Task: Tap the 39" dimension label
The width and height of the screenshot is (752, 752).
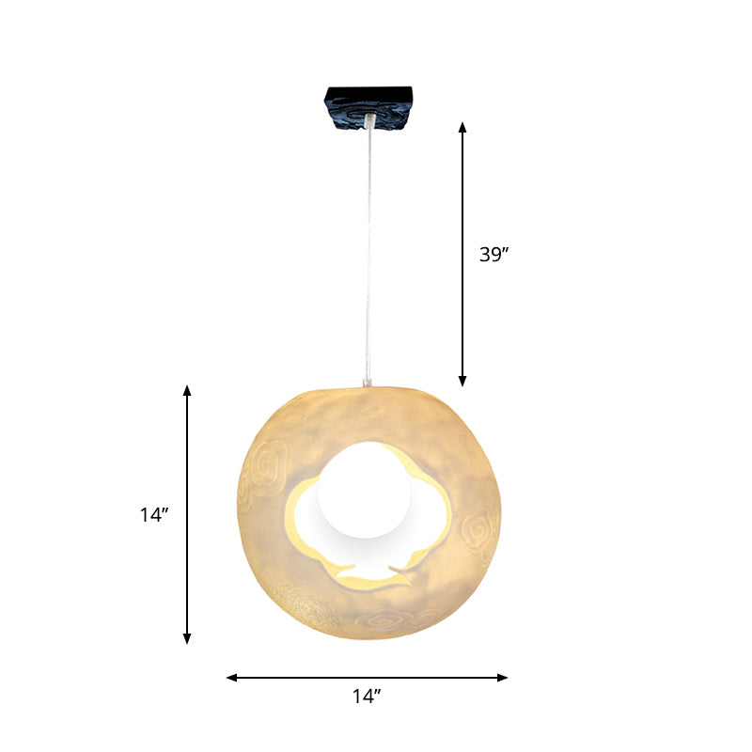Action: (x=493, y=254)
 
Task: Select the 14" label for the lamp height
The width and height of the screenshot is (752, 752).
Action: (x=152, y=515)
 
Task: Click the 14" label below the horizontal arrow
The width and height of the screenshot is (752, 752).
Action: (x=367, y=697)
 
